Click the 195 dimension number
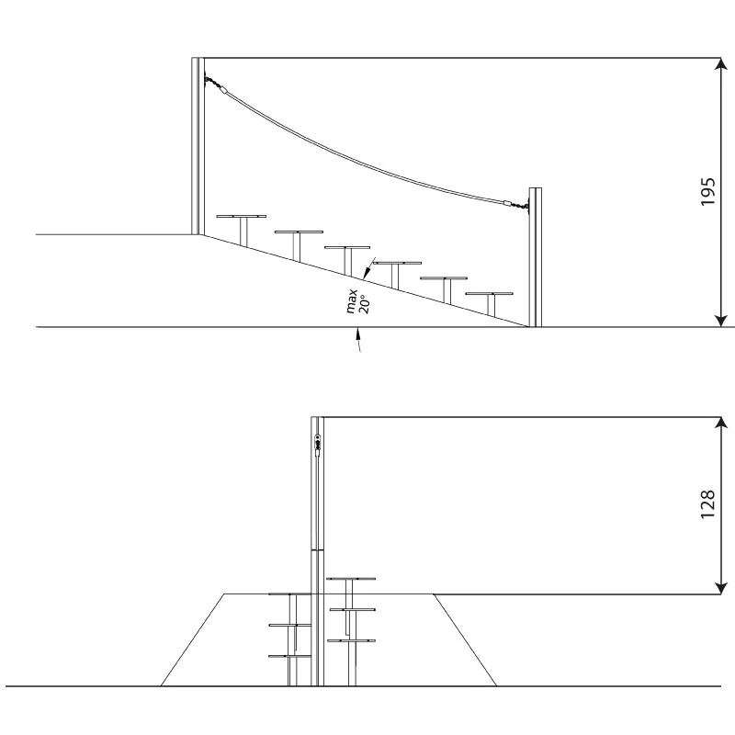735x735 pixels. (x=707, y=191)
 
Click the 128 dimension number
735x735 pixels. (x=707, y=503)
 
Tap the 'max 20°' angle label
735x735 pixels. (x=358, y=301)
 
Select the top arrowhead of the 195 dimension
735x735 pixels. (x=720, y=64)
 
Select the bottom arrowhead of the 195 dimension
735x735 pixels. (x=720, y=320)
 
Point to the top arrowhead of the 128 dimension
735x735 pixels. (x=720, y=424)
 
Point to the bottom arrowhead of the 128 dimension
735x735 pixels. (x=720, y=588)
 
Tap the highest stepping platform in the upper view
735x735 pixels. (x=242, y=217)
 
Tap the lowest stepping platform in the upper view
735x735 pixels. (x=489, y=294)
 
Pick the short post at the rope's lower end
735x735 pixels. (x=536, y=257)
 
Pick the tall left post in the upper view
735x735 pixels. (x=198, y=146)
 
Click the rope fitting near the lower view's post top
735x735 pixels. (x=317, y=443)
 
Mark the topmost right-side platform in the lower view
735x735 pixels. (x=351, y=579)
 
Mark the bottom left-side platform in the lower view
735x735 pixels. (x=289, y=656)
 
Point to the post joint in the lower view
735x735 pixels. (x=317, y=549)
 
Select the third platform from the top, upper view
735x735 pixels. (x=347, y=247)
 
